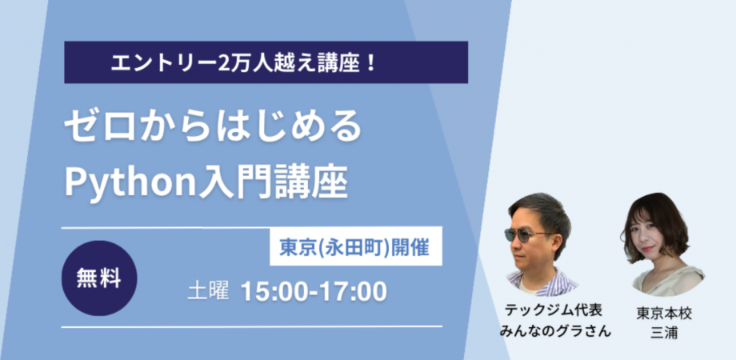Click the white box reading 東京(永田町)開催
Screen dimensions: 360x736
(354, 248)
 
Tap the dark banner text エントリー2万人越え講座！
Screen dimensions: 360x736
(244, 62)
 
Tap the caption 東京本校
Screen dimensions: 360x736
(665, 313)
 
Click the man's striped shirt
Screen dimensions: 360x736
(545, 281)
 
